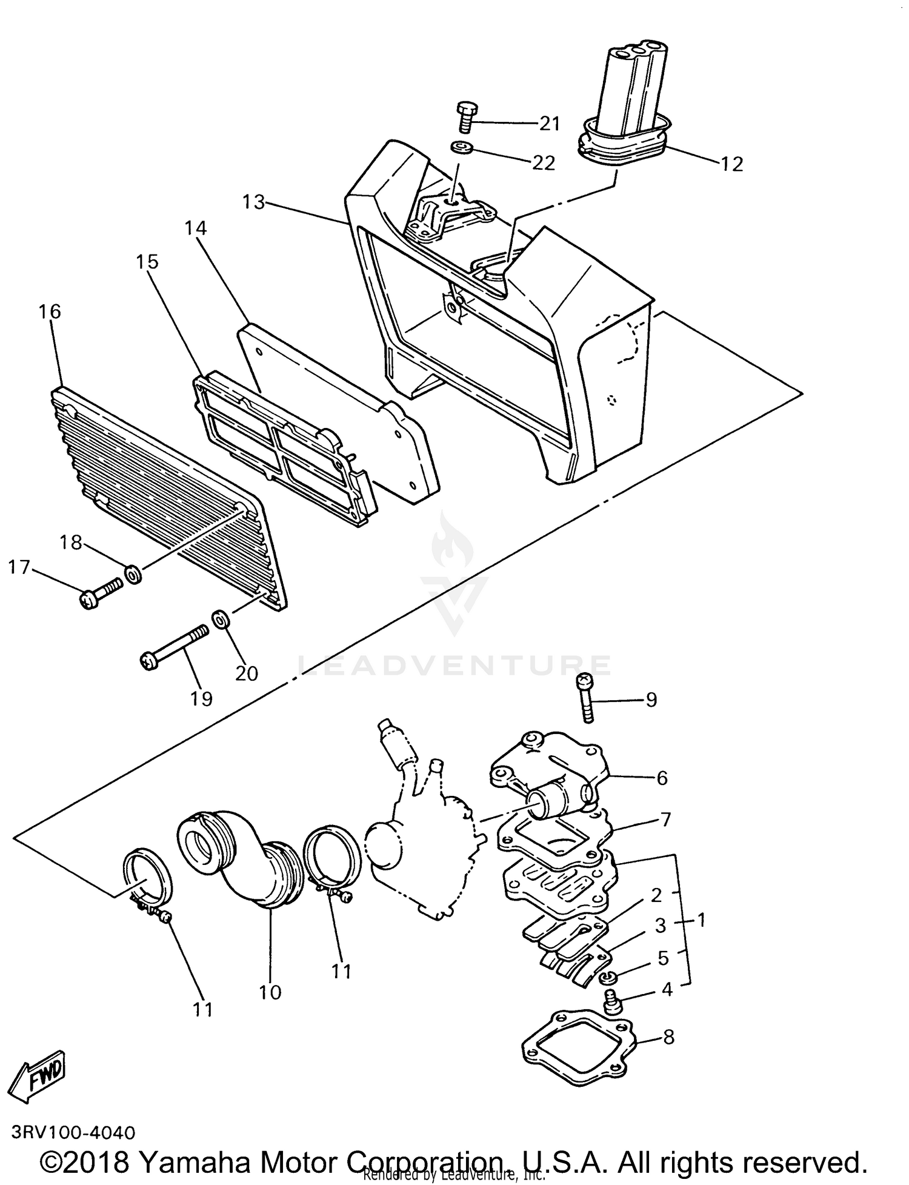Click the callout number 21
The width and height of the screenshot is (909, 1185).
click(x=550, y=124)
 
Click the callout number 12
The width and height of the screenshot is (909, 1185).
click(x=731, y=164)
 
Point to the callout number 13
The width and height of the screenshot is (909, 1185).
click(x=254, y=202)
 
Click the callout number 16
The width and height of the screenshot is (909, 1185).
click(x=50, y=312)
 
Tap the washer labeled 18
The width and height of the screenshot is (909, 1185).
click(x=133, y=573)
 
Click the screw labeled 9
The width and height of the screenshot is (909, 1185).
click(x=586, y=697)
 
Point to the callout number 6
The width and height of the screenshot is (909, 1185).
click(x=662, y=778)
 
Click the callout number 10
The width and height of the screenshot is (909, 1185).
click(x=270, y=992)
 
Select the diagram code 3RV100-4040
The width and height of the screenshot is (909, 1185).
click(x=73, y=1132)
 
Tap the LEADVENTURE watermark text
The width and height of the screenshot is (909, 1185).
click(x=454, y=665)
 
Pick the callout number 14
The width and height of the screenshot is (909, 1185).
click(x=196, y=229)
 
